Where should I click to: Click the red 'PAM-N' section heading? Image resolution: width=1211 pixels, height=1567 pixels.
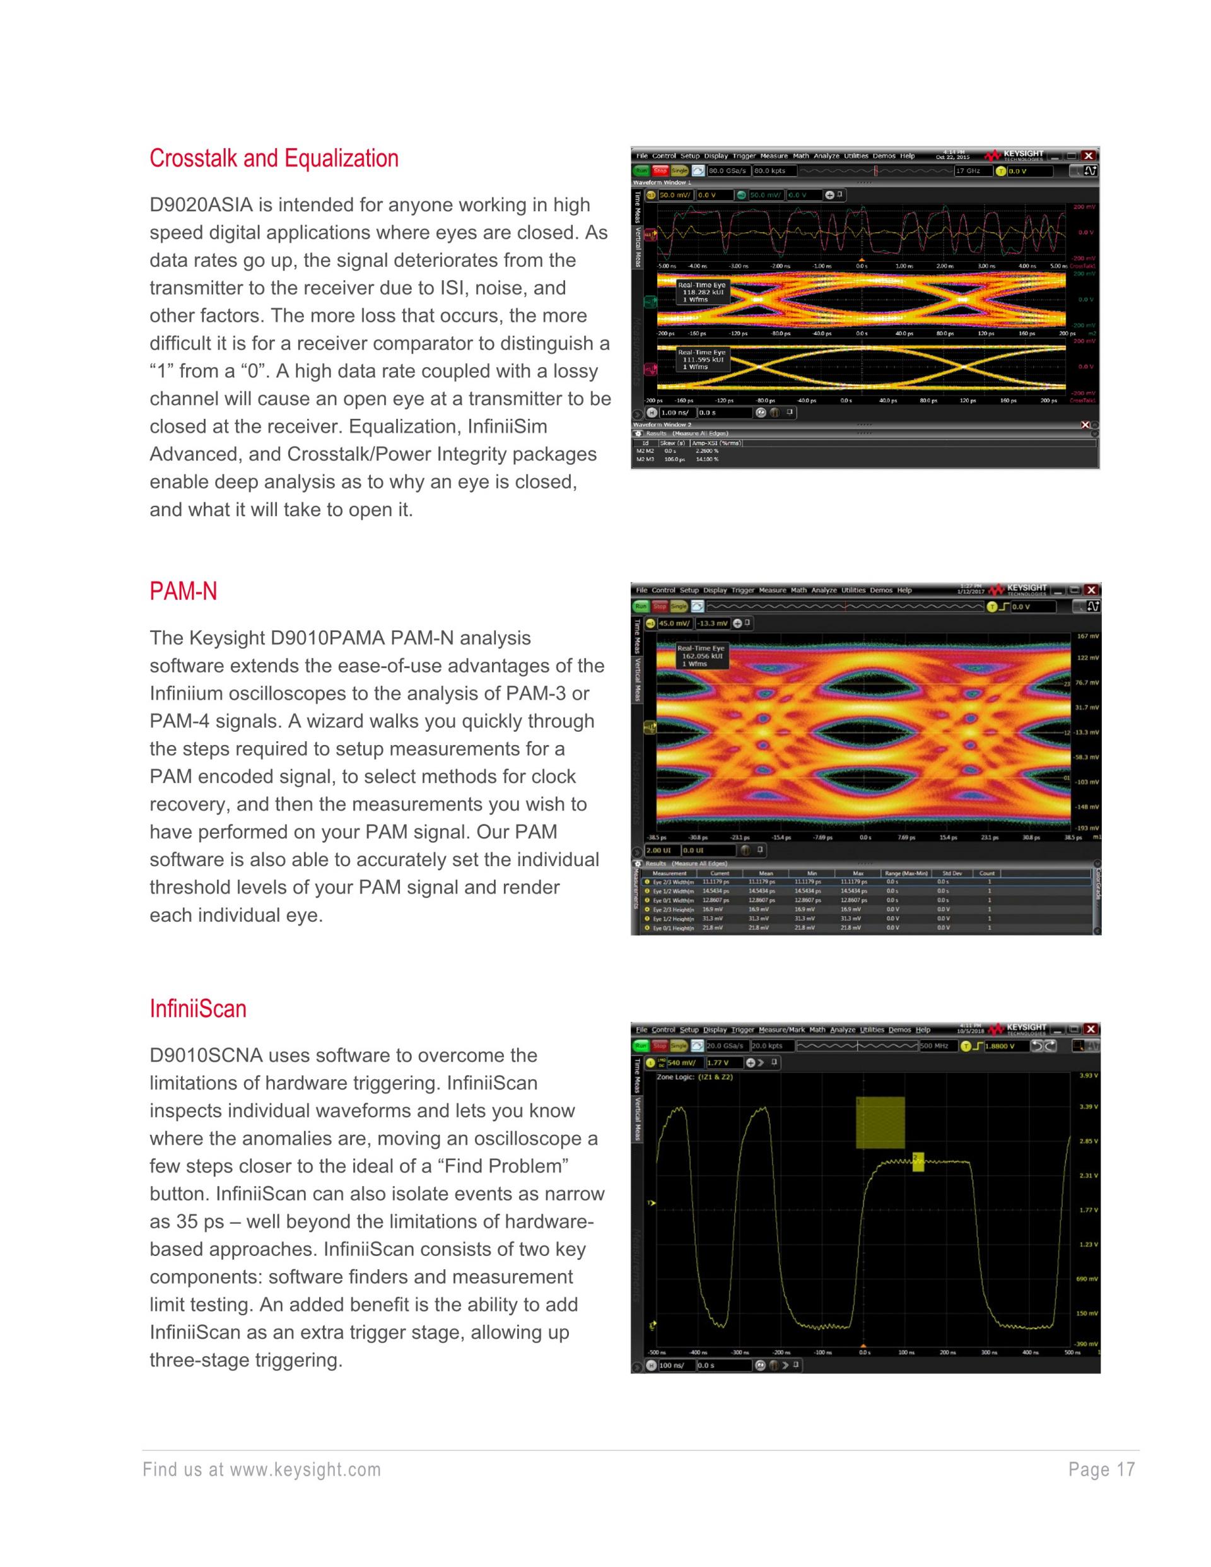[183, 591]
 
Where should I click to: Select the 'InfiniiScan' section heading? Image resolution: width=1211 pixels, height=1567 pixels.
[198, 1009]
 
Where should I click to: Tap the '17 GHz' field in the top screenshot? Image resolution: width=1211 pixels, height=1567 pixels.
[971, 171]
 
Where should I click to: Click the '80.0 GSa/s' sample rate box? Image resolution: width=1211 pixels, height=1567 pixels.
[728, 171]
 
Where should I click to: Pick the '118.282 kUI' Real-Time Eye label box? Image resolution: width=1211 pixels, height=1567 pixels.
[701, 292]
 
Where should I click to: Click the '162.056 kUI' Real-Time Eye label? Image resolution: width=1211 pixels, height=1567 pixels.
[701, 656]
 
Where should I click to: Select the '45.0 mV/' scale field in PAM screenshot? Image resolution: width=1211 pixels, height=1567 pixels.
[674, 623]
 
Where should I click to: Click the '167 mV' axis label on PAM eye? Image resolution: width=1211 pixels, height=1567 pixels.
[1087, 637]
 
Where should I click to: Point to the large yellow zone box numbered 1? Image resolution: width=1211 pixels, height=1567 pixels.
[880, 1122]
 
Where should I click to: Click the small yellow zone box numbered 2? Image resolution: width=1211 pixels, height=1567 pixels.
[918, 1161]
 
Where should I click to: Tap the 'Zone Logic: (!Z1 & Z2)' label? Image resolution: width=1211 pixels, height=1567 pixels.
[694, 1077]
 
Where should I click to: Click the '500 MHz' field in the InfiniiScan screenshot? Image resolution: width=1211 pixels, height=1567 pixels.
[935, 1045]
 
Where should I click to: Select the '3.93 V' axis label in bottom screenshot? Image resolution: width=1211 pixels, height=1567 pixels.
[1088, 1076]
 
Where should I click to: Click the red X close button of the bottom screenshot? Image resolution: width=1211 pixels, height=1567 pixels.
[1091, 1029]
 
